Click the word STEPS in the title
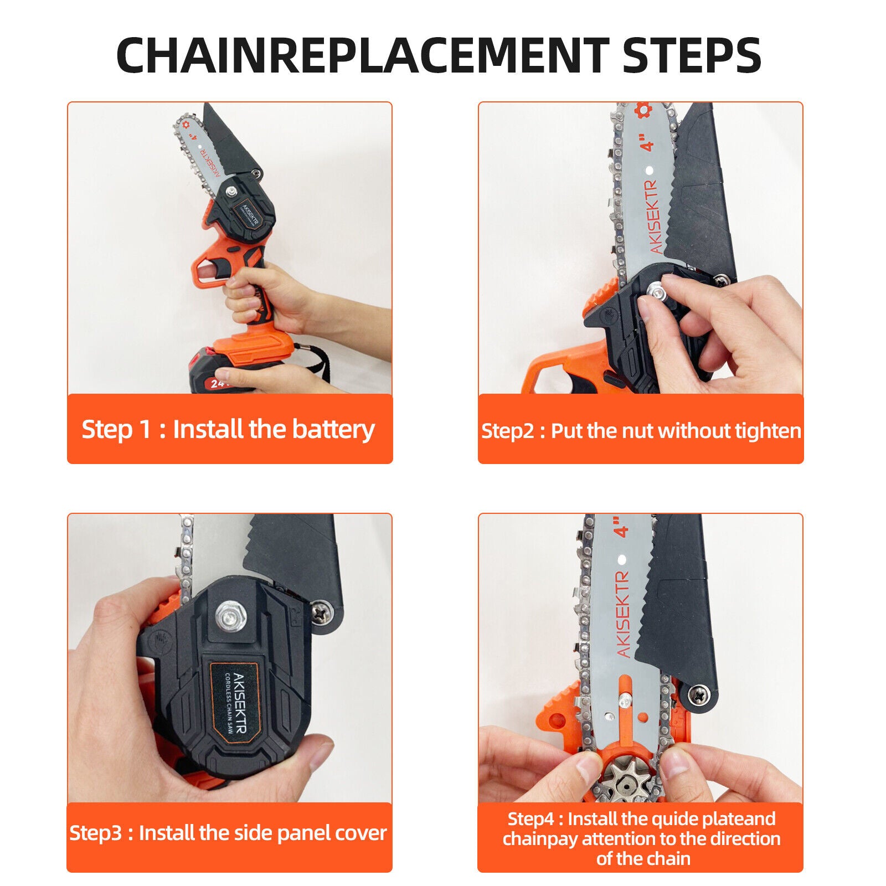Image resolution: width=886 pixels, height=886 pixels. (x=692, y=55)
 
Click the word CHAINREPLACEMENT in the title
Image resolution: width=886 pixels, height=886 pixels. (x=363, y=55)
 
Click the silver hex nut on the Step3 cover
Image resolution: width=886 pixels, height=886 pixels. (x=230, y=615)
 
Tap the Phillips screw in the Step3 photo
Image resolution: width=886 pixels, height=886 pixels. (x=321, y=611)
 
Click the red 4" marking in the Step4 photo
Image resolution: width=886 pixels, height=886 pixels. (x=623, y=526)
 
